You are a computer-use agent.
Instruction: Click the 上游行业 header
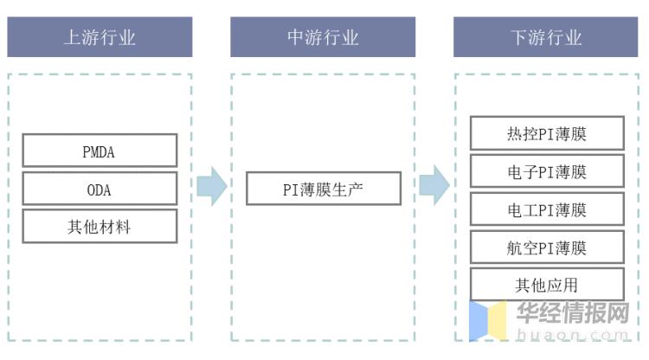coord(100,37)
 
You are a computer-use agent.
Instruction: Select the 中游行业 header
coord(323,37)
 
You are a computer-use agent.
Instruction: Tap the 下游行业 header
coord(546,37)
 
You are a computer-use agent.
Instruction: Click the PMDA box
coord(100,151)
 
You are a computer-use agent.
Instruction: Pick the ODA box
coord(100,190)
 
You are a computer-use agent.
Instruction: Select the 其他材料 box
coord(100,228)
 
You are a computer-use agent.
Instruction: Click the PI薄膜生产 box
coord(323,189)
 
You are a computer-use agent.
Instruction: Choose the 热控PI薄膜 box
coord(546,134)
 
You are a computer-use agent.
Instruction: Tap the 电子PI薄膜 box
coord(546,171)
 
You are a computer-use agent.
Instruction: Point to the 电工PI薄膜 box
coord(546,209)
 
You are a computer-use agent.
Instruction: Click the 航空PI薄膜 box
coord(546,247)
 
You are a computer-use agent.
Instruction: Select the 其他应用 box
coord(546,285)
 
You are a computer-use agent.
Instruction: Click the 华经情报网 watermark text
coord(572,312)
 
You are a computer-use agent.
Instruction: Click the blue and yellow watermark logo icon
coord(487,320)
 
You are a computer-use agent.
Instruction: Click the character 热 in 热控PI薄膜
coord(515,134)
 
